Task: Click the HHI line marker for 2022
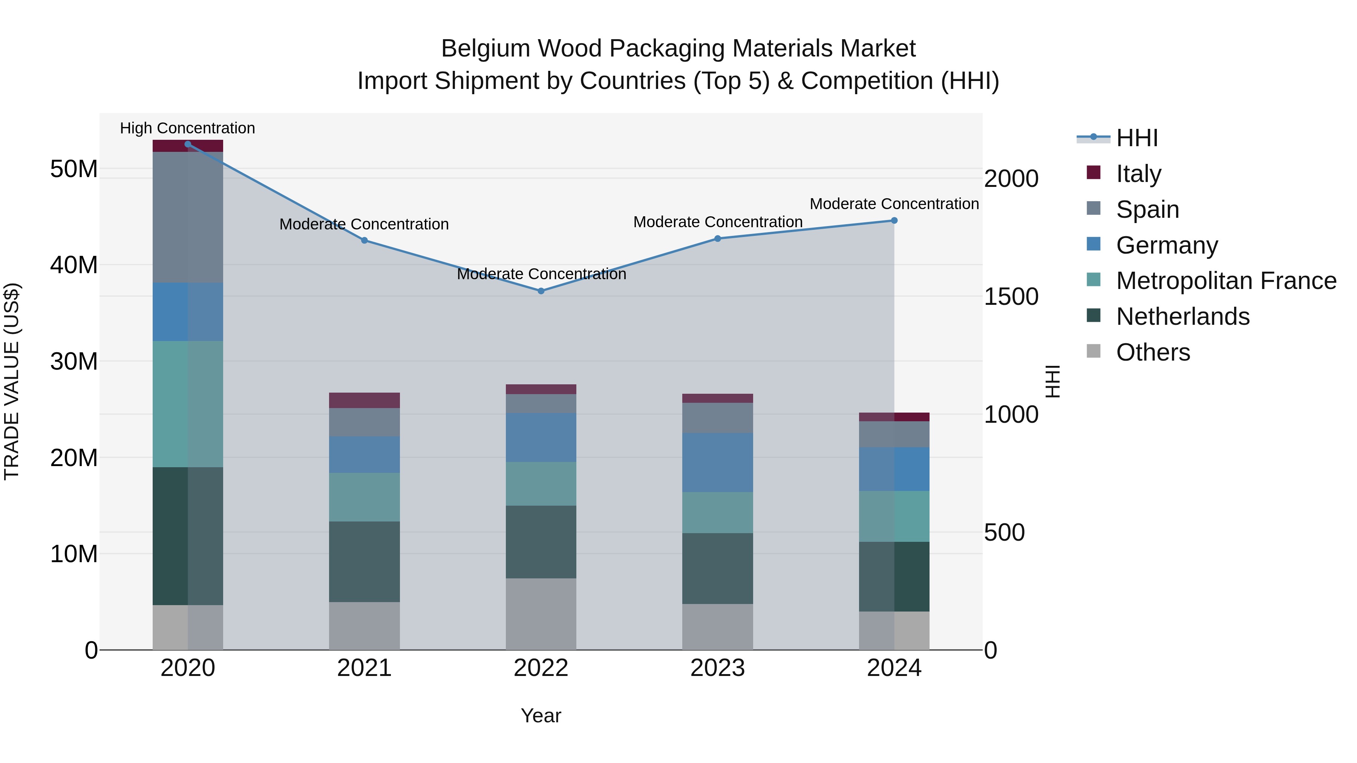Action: pos(541,291)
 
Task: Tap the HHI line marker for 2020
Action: pos(188,144)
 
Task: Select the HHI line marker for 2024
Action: pos(894,221)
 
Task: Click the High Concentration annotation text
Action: pos(188,128)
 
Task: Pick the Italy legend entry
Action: pos(1138,173)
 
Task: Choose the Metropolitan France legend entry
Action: pos(1225,281)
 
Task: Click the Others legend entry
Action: pos(1153,352)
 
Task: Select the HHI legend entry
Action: pos(1137,138)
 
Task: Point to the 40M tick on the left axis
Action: pos(74,265)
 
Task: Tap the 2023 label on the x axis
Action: pos(717,668)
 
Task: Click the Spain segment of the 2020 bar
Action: pos(188,217)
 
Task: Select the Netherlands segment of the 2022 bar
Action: pos(541,542)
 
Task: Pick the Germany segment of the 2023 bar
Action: pos(717,462)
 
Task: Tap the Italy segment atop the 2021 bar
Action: pos(364,400)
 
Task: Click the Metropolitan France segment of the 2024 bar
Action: pos(894,516)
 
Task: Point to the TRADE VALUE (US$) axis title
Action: pos(12,381)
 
